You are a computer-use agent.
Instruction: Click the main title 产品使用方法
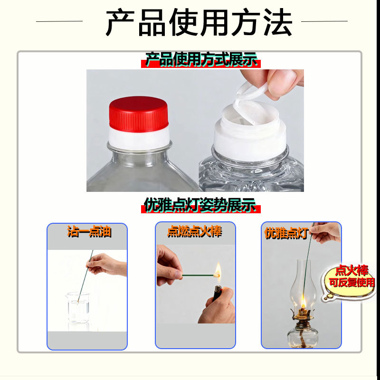[198, 22]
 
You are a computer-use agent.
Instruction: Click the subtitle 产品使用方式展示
[201, 60]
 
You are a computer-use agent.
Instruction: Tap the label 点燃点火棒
[195, 232]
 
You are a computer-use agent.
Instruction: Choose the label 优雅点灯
[286, 233]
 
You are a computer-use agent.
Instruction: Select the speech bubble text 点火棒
[351, 271]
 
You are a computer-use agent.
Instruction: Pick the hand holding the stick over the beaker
[107, 264]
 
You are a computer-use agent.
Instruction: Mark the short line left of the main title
[59, 21]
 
